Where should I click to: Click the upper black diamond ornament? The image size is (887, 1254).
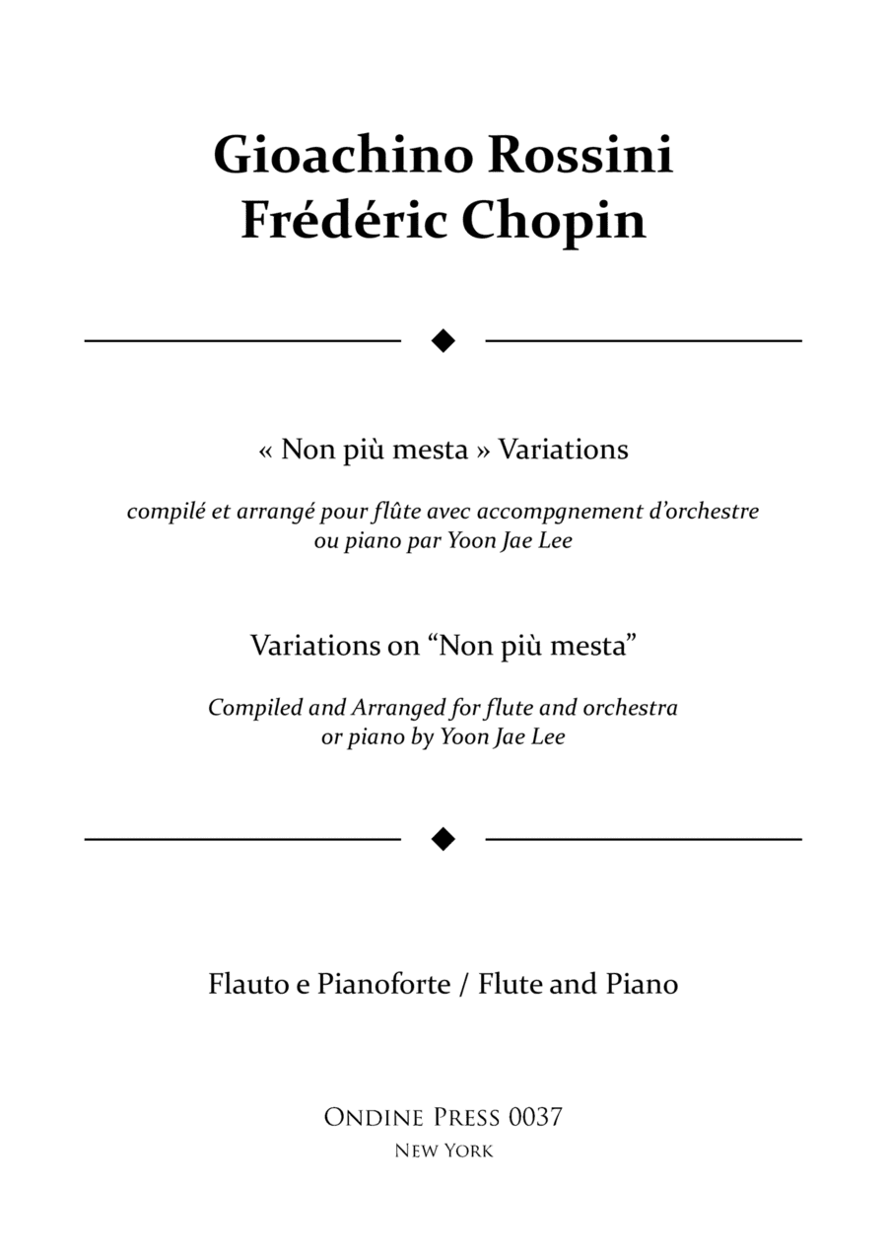[443, 341]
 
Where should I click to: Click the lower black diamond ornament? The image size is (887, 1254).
[443, 839]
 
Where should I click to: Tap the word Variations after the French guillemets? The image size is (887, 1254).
[564, 450]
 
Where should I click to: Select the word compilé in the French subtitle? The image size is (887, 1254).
[161, 513]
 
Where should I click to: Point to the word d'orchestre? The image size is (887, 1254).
[708, 512]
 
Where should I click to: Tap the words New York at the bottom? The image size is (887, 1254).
[443, 1150]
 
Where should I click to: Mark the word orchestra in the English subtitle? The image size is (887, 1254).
[631, 708]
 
